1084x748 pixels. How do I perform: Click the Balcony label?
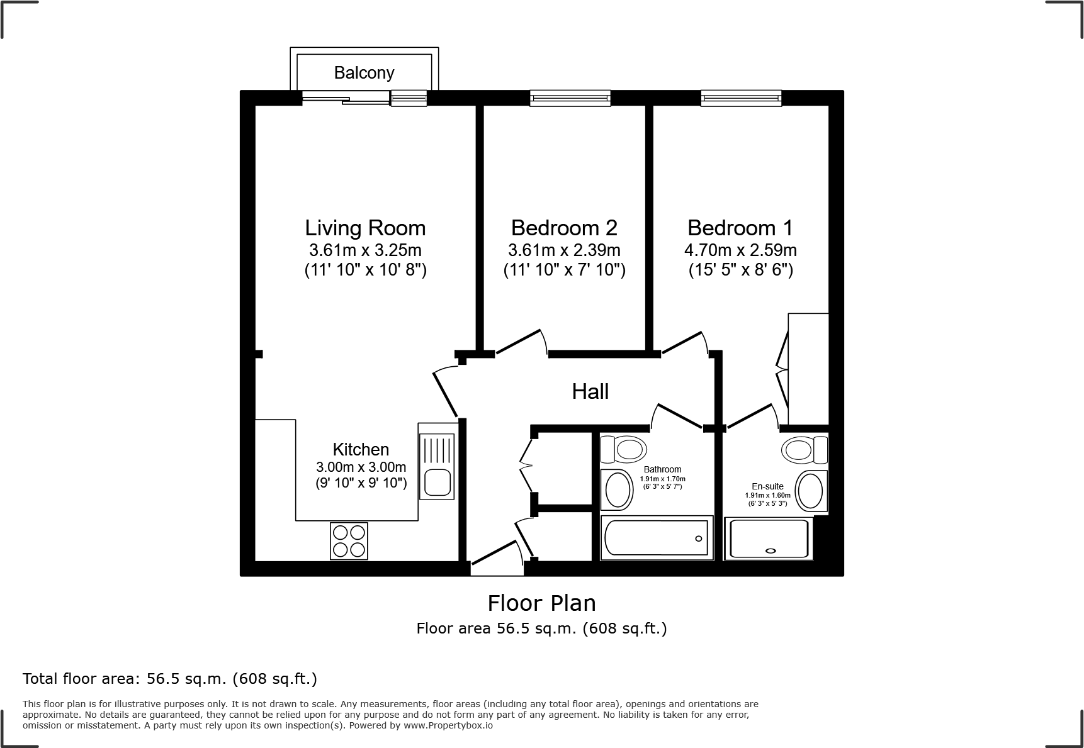(x=364, y=73)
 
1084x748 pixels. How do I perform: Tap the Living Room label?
(x=365, y=228)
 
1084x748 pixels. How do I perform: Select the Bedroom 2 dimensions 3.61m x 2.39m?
(x=564, y=250)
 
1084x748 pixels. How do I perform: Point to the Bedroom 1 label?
(x=740, y=228)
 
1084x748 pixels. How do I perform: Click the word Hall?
(x=590, y=392)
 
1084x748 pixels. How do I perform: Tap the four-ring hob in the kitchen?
(x=349, y=541)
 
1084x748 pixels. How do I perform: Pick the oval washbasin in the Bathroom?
(x=618, y=489)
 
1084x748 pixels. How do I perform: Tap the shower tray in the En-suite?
(x=768, y=539)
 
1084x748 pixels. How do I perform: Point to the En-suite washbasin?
(x=810, y=491)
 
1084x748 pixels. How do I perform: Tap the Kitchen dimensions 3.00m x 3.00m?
(x=361, y=467)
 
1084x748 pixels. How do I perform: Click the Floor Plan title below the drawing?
(x=541, y=603)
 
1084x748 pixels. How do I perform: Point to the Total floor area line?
(x=170, y=679)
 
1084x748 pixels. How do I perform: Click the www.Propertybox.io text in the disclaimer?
(x=448, y=725)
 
